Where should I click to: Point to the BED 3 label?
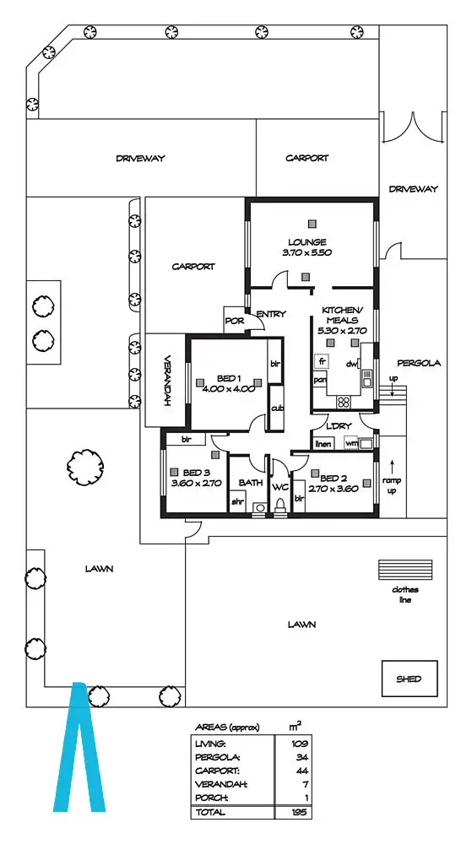coord(193,472)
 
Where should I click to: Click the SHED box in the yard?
coord(410,679)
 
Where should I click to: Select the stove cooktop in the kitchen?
coord(345,378)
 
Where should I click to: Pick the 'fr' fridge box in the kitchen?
coord(322,361)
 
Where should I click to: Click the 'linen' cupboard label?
coord(323,444)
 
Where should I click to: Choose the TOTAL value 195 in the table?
coord(298,811)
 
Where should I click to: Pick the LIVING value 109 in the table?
coord(298,744)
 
